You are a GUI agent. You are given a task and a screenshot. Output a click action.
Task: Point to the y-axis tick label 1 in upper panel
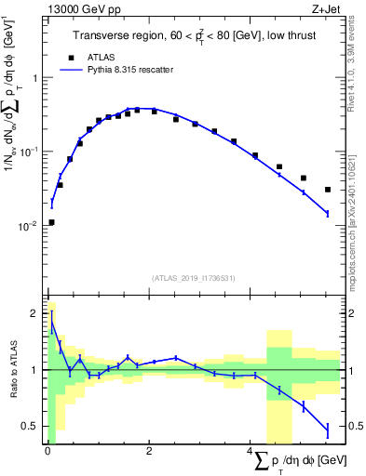pyautogui.click(x=36, y=77)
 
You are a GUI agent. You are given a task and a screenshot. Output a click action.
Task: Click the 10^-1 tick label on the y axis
pyautogui.click(x=31, y=151)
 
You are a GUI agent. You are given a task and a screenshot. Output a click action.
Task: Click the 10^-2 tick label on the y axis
pyautogui.click(x=31, y=225)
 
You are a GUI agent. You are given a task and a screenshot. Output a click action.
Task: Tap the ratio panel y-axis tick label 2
pyautogui.click(x=36, y=313)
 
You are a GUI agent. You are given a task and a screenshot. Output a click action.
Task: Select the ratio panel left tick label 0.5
pyautogui.click(x=33, y=426)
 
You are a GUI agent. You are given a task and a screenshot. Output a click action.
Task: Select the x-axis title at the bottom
pyautogui.click(x=291, y=461)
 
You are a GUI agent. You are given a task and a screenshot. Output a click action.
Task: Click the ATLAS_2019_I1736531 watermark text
pyautogui.click(x=193, y=279)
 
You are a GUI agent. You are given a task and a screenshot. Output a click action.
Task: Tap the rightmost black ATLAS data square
pyautogui.click(x=328, y=190)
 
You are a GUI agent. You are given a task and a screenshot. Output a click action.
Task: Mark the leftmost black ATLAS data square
pyautogui.click(x=51, y=222)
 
